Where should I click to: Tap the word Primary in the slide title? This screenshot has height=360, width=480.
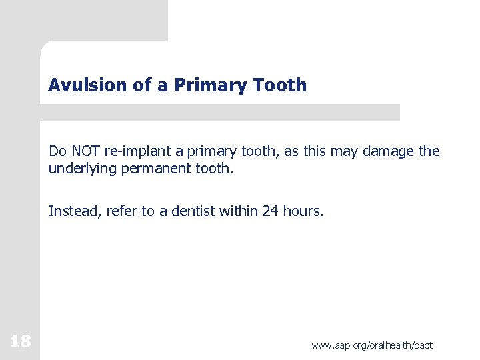click(199, 85)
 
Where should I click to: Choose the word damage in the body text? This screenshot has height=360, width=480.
click(389, 151)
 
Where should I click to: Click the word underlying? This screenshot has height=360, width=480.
click(83, 169)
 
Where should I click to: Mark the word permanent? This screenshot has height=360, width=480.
click(156, 169)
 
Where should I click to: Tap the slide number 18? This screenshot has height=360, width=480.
click(20, 342)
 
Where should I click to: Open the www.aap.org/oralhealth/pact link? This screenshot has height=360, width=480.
click(371, 345)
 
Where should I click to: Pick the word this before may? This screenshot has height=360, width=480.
click(315, 151)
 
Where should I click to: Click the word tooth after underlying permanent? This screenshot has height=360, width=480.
click(214, 169)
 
